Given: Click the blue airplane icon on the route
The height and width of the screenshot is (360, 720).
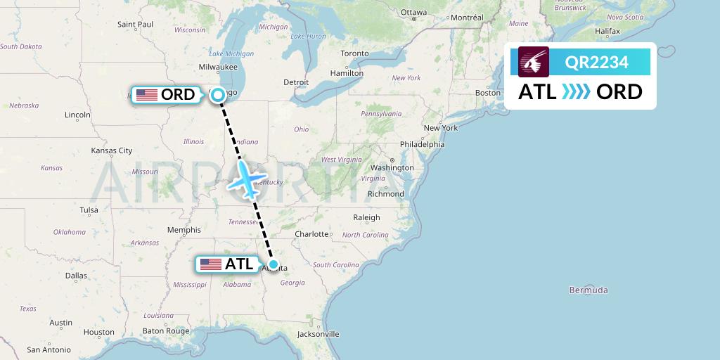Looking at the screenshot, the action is pyautogui.click(x=245, y=179).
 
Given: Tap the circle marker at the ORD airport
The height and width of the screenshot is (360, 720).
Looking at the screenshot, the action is pyautogui.click(x=218, y=94).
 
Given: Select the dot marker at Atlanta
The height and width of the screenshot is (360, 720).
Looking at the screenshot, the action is pyautogui.click(x=274, y=266).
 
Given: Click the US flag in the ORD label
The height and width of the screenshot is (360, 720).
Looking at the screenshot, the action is pyautogui.click(x=147, y=94).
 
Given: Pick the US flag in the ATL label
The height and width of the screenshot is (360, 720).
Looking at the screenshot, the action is pyautogui.click(x=211, y=264).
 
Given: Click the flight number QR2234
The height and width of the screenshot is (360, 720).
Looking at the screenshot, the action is pyautogui.click(x=597, y=63).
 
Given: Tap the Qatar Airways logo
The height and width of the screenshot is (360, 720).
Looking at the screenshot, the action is pyautogui.click(x=534, y=63).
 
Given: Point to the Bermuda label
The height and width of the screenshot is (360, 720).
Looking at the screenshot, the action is pyautogui.click(x=588, y=290).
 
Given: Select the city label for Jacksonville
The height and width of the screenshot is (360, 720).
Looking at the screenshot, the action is pyautogui.click(x=318, y=334).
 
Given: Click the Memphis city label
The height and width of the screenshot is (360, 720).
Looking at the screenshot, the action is pyautogui.click(x=184, y=230).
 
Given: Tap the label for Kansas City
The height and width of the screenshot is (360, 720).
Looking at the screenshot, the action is pyautogui.click(x=112, y=150).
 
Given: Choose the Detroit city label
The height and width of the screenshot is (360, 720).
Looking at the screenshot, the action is pyautogui.click(x=296, y=82).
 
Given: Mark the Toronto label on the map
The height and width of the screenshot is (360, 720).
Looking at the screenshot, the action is pyautogui.click(x=354, y=53).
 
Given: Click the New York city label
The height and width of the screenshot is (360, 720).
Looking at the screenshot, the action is pyautogui.click(x=441, y=128).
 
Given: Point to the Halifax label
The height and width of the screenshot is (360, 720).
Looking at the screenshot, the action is pyautogui.click(x=607, y=32).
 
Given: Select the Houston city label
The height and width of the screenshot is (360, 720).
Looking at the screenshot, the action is pyautogui.click(x=98, y=332).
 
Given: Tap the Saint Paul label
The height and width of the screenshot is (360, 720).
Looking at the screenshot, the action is pyautogui.click(x=135, y=24).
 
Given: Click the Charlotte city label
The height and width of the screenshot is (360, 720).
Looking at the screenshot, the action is pyautogui.click(x=311, y=233).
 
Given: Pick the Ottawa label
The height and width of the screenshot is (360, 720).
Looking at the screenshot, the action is pyautogui.click(x=413, y=12).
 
